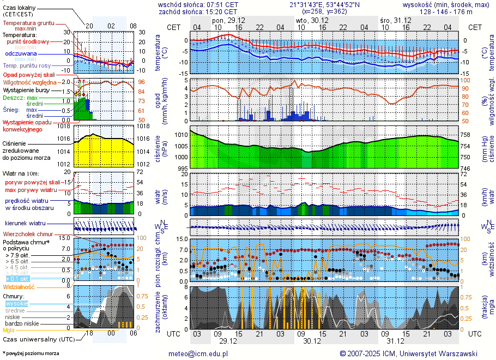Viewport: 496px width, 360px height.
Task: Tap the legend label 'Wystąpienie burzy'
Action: (27, 89)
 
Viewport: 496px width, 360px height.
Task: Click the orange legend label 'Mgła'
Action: (9, 330)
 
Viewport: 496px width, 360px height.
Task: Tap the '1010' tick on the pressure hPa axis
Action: (181, 134)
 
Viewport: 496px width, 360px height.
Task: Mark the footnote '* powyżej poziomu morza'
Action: (31, 353)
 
